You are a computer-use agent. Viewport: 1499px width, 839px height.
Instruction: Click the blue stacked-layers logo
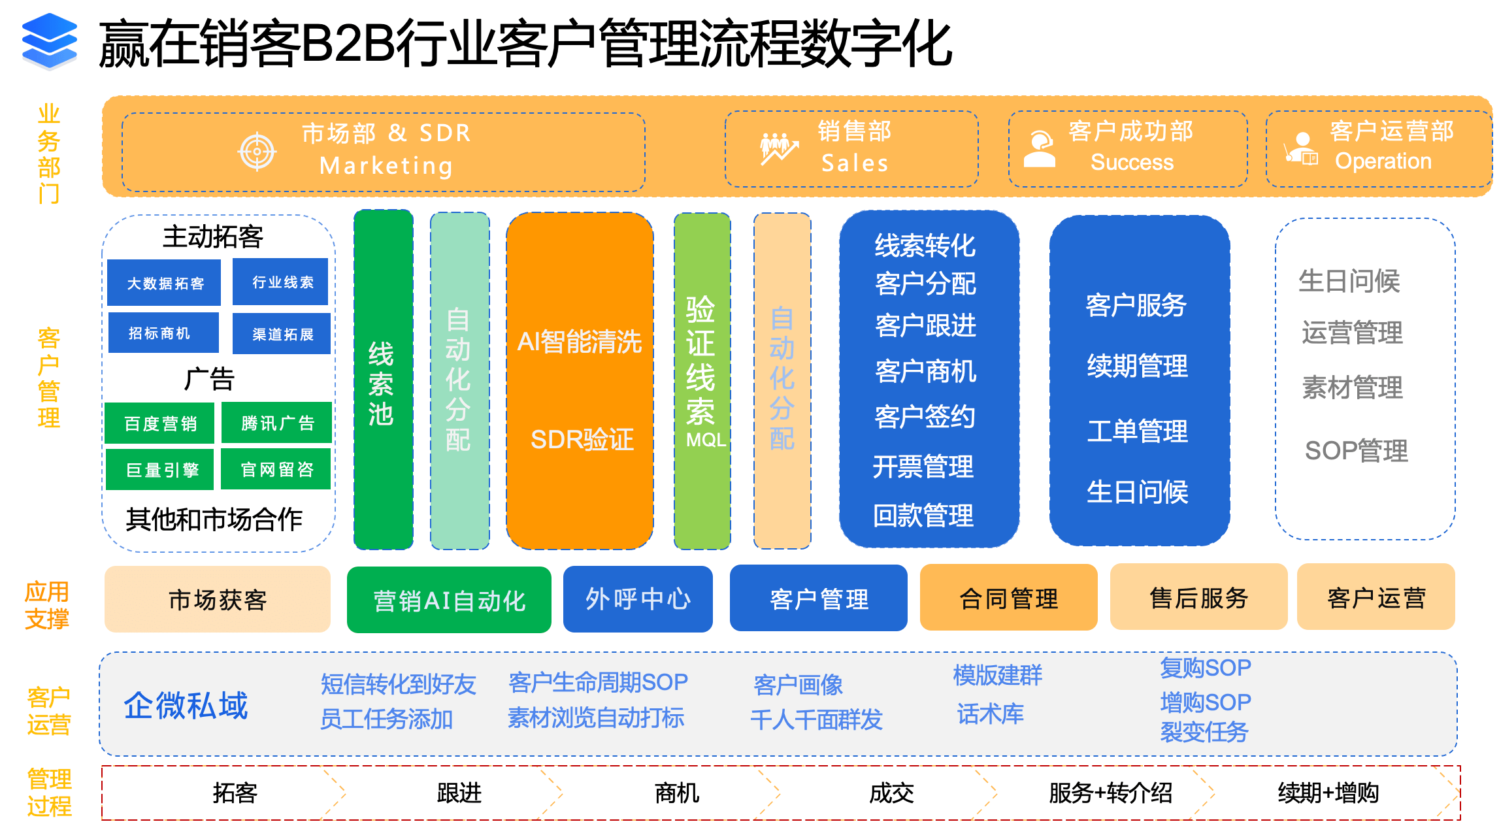49,41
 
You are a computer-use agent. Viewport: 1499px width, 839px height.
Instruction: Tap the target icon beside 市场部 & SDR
257,152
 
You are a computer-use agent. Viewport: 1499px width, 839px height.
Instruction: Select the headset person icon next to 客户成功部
1039,149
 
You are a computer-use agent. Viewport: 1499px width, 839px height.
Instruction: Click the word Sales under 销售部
855,163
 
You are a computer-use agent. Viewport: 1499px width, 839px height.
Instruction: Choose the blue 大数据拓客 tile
164,282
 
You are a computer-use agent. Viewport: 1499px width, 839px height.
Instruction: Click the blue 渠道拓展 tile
282,334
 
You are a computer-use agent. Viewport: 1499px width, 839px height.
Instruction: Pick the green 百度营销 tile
159,423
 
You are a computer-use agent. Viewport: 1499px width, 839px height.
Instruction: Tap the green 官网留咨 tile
276,469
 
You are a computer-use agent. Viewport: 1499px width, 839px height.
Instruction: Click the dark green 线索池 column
383,380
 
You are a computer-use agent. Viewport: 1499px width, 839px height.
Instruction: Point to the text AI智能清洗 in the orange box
580,342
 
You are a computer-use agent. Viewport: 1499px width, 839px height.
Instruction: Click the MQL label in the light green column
706,440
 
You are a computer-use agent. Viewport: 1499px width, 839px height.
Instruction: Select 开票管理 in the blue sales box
923,467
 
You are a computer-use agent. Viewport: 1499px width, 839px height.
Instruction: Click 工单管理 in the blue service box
1138,431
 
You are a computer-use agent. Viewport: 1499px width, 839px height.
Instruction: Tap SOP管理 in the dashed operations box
1357,450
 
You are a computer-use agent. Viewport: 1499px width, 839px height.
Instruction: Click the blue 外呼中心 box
638,599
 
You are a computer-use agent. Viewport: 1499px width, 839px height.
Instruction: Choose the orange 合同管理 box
1008,598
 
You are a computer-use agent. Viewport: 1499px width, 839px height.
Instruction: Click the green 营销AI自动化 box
449,600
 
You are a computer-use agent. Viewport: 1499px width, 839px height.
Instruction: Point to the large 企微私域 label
186,706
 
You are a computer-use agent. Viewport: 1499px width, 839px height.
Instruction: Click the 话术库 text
991,714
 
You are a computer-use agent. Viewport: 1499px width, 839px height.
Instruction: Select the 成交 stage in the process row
891,793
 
